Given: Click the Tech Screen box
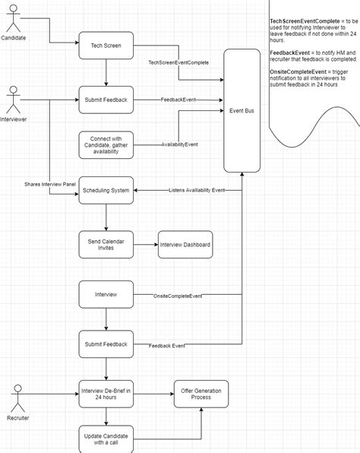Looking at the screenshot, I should [106, 45].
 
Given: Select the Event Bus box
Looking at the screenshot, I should [242, 111].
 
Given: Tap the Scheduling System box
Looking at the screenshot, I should [106, 190].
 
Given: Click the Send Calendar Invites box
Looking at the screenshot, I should [106, 244].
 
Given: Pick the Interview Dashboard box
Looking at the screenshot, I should [185, 244].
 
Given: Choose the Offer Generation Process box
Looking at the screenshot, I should [201, 394].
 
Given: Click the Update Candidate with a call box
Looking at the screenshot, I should [106, 439].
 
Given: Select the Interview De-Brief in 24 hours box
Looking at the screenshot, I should [106, 394].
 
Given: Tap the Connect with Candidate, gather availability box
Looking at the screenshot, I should [106, 144].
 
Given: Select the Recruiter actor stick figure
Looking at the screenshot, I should [18, 399].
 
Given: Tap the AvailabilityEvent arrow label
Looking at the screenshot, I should [179, 144].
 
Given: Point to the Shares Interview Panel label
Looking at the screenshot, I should [51, 184].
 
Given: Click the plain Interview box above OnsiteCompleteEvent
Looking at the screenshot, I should [106, 294].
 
